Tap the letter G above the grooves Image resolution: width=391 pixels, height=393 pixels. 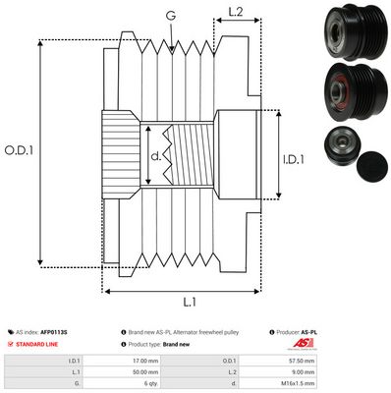point(172,17)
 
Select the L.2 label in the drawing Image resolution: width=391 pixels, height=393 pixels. point(235,13)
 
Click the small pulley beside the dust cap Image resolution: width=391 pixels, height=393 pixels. point(336,149)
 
